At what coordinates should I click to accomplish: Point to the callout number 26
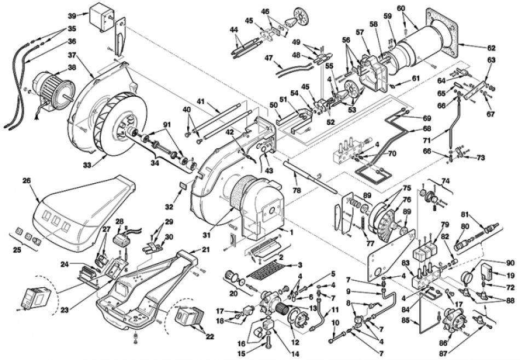click(x=26, y=179)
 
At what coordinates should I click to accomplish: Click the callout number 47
click(x=269, y=57)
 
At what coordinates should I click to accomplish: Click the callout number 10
click(x=334, y=323)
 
